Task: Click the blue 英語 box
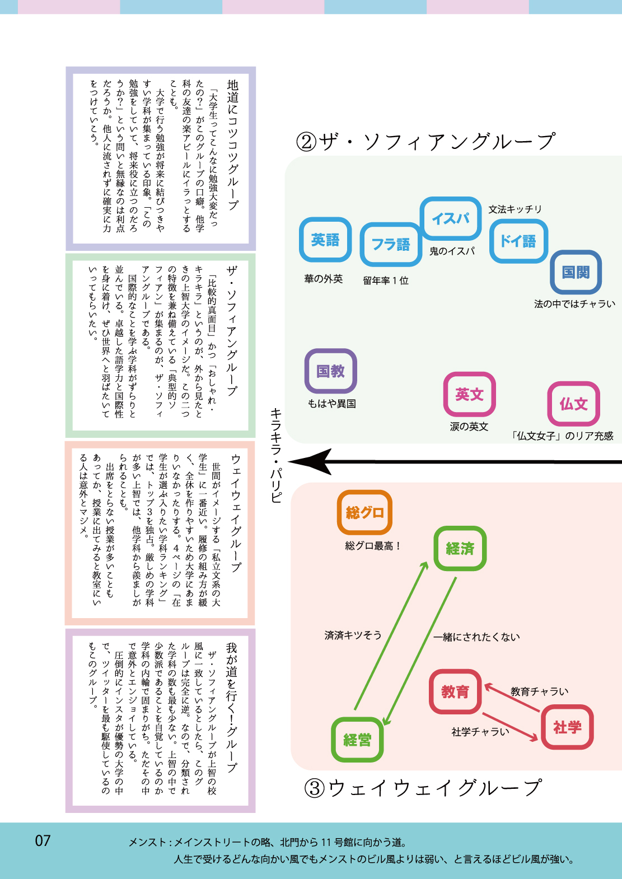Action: pyautogui.click(x=325, y=240)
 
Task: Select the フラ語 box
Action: pyautogui.click(x=391, y=244)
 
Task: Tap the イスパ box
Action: pyautogui.click(x=451, y=218)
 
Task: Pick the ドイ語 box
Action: pyautogui.click(x=518, y=241)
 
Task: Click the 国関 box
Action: pyautogui.click(x=576, y=272)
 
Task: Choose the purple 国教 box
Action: pyautogui.click(x=331, y=371)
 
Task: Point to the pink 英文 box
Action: pyautogui.click(x=469, y=394)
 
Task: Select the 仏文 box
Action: pyautogui.click(x=573, y=404)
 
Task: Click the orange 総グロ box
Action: pyautogui.click(x=364, y=512)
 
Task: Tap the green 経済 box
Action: pyautogui.click(x=460, y=549)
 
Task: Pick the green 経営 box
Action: pyautogui.click(x=357, y=740)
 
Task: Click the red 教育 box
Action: pyautogui.click(x=455, y=691)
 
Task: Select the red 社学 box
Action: pyautogui.click(x=567, y=727)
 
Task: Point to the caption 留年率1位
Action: pyautogui.click(x=386, y=280)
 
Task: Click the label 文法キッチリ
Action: pyautogui.click(x=515, y=209)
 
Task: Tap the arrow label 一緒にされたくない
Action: pyautogui.click(x=477, y=637)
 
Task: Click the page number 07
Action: pyautogui.click(x=43, y=840)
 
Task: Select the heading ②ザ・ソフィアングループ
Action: pyautogui.click(x=425, y=141)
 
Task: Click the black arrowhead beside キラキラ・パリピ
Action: pyautogui.click(x=311, y=462)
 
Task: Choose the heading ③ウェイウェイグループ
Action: pyautogui.click(x=423, y=788)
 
